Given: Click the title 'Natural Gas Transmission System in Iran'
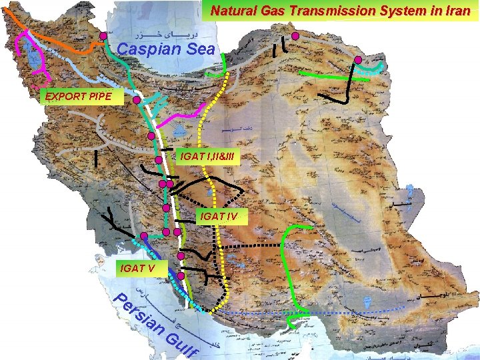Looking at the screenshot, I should click(x=340, y=11).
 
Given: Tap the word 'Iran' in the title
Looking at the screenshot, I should click(x=457, y=11).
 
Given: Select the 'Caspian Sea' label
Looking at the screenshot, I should click(x=166, y=49).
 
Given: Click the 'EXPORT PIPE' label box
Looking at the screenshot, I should click(x=74, y=97).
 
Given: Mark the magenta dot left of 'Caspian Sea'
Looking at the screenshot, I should click(x=103, y=36).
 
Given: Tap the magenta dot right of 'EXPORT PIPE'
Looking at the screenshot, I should click(x=136, y=101).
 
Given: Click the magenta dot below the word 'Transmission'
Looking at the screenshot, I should click(x=295, y=36).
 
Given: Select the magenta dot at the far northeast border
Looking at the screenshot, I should click(x=358, y=61).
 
